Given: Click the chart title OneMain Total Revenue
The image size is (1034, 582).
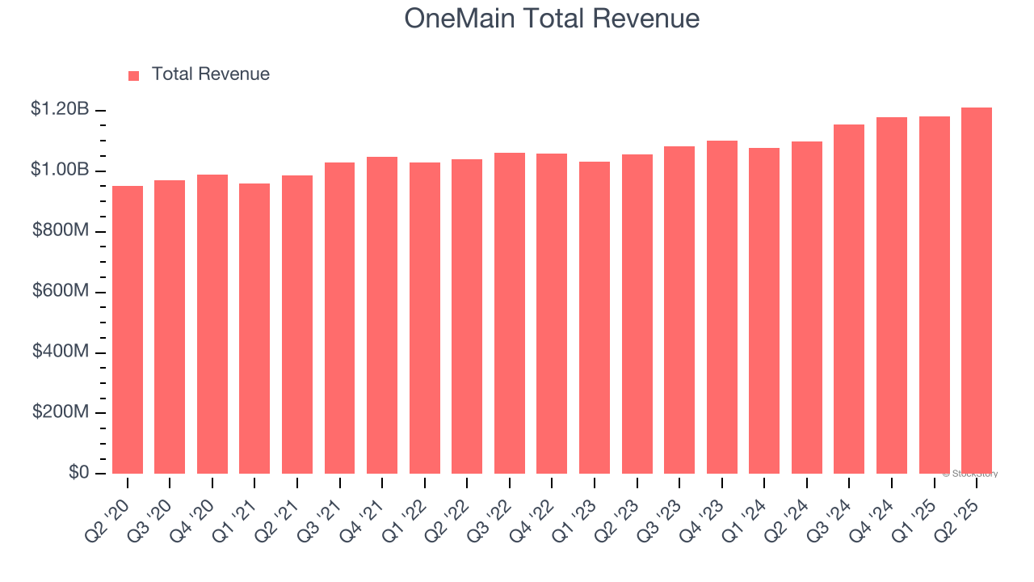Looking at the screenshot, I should click(x=552, y=19).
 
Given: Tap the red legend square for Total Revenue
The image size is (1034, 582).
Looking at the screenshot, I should click(x=133, y=75).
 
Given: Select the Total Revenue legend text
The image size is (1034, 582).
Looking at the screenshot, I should click(x=210, y=74).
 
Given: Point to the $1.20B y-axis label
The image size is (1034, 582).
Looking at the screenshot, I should click(x=60, y=109).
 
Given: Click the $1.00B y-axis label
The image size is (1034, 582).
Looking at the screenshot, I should click(x=60, y=170).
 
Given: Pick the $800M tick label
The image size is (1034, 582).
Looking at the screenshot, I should click(x=61, y=230).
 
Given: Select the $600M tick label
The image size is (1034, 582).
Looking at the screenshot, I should click(x=61, y=291).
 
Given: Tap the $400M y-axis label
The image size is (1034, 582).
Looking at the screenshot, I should click(x=61, y=352).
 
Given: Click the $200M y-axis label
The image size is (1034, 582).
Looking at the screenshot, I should click(x=61, y=412).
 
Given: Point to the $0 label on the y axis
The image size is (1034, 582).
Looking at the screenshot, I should click(x=78, y=473).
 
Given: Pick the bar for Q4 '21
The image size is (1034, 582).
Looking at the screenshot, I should click(x=382, y=315).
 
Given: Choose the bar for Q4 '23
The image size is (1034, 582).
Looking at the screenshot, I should click(x=722, y=307).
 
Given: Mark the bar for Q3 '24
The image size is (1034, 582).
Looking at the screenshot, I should click(x=849, y=299).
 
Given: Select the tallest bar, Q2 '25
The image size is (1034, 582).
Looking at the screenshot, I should click(x=977, y=290).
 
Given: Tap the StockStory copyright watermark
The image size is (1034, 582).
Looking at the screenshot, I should click(x=970, y=474).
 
